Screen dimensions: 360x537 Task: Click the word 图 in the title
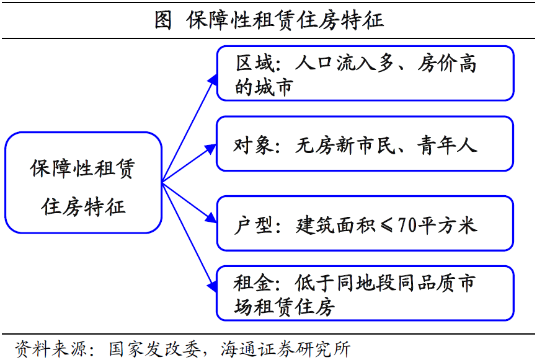163,20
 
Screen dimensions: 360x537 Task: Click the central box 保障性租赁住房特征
83,183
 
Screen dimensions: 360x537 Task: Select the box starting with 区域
365,73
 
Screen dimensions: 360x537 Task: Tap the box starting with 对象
365,144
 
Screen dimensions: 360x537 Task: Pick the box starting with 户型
365,223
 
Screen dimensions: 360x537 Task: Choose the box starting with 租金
365,293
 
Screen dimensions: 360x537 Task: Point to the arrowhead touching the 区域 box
213,79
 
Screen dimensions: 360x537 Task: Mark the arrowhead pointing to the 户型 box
210,217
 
